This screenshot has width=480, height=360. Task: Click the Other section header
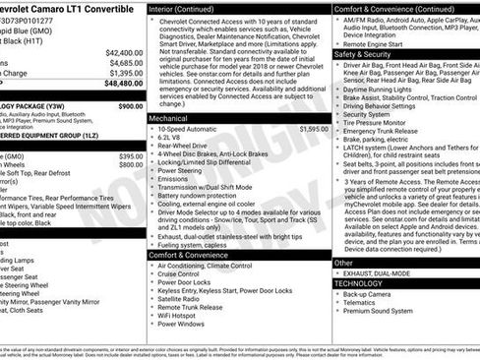click(343, 263)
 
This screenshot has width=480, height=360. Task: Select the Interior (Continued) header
click(184, 8)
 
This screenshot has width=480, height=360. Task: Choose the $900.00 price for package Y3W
click(130, 105)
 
